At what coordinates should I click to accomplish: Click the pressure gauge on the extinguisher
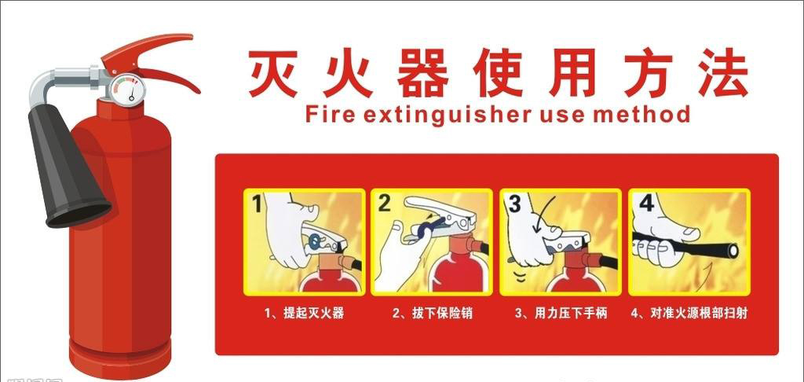[128, 90]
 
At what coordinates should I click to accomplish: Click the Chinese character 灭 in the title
[273, 73]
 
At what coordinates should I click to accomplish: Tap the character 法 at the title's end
[723, 73]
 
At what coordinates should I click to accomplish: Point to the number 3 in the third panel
[513, 204]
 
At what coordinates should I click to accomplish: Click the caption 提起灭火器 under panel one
[304, 313]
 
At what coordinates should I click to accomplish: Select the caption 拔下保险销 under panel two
[433, 313]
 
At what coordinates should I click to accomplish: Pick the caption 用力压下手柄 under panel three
[561, 313]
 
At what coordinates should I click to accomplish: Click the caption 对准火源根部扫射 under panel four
[689, 313]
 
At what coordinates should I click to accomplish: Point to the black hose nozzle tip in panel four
[733, 251]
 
